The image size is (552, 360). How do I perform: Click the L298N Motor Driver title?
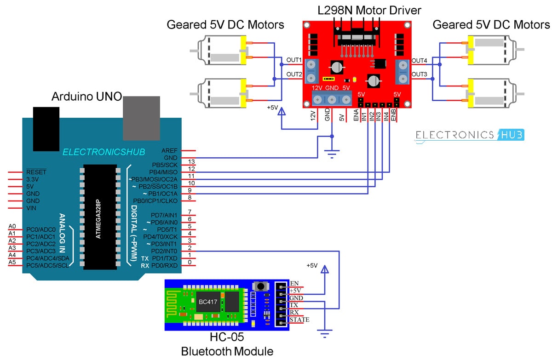tap(369, 9)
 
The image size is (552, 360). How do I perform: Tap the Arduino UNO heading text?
tap(86, 97)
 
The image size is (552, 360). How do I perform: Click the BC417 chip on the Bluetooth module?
tap(207, 302)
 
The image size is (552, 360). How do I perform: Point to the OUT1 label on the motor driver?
tap(293, 60)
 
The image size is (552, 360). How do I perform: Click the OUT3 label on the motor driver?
tap(420, 74)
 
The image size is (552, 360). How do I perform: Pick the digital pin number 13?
tap(192, 161)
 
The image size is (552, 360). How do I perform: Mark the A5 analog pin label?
tap(12, 262)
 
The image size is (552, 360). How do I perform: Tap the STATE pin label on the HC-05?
tap(299, 320)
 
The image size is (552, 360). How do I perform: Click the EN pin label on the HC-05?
tap(294, 283)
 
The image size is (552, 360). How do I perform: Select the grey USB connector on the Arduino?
tap(141, 118)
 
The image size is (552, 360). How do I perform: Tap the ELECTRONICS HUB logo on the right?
tap(470, 135)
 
